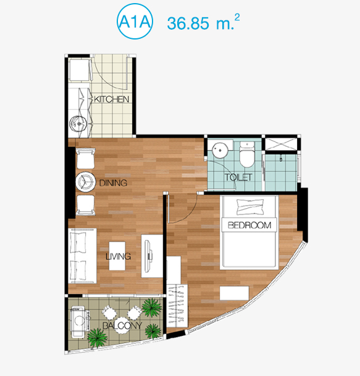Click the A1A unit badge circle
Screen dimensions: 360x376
(x=135, y=22)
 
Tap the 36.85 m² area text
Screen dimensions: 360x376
(x=203, y=22)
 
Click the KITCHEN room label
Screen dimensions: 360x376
(x=112, y=99)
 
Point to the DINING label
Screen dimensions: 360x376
(x=113, y=183)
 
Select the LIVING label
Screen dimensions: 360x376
(x=118, y=257)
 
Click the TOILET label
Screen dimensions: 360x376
(x=238, y=177)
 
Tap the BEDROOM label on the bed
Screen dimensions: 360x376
(x=249, y=225)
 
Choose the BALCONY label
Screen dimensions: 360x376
(x=122, y=325)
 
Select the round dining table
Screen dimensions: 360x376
(x=84, y=182)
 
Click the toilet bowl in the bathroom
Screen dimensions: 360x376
(x=247, y=155)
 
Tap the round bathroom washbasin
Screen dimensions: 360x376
(x=220, y=151)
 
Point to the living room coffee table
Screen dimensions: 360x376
(x=117, y=256)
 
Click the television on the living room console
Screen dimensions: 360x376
(x=149, y=257)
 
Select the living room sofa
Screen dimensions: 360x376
(x=83, y=256)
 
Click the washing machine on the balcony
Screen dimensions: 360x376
(x=78, y=321)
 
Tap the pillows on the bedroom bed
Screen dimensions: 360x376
(x=250, y=207)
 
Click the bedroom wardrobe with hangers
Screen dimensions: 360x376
(x=177, y=306)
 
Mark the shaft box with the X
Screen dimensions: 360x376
(x=281, y=144)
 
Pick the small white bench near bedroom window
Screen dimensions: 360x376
(x=234, y=293)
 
